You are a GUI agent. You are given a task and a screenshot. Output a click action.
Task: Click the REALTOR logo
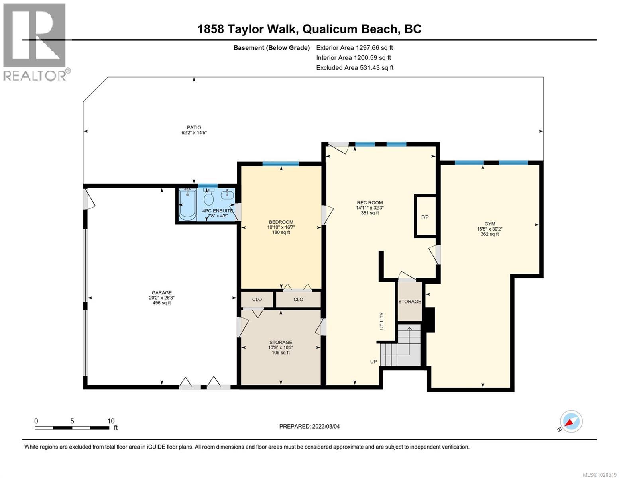coord(35,42)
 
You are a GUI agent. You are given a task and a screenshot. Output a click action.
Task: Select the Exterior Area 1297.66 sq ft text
coord(354,48)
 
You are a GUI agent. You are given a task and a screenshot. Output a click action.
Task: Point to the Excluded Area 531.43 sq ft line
coord(354,68)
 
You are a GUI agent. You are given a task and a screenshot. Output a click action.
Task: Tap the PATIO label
coord(194,128)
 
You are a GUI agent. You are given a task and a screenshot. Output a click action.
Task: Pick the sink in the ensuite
coord(227,195)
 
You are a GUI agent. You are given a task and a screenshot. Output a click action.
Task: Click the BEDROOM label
coord(281,222)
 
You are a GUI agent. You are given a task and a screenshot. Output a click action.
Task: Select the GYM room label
coord(489,224)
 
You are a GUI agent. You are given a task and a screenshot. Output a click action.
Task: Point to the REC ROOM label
coord(369,203)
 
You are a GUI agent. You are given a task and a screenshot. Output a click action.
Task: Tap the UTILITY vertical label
coord(381,321)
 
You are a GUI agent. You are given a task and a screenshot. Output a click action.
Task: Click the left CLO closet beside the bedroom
coord(257,299)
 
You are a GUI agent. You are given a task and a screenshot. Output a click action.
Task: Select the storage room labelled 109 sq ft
coord(281,347)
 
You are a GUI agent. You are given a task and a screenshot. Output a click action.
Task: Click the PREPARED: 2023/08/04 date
coord(309,426)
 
